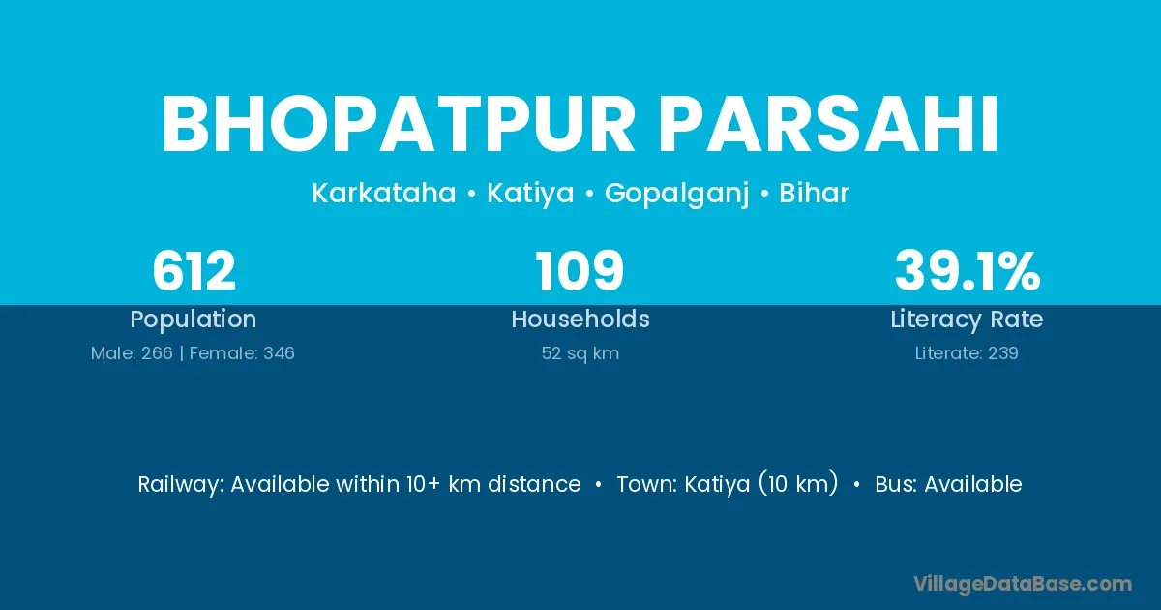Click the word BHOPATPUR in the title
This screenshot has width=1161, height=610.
pos(399,125)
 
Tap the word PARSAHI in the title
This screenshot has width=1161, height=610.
pos(828,125)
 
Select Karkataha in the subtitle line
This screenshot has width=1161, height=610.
pos(384,193)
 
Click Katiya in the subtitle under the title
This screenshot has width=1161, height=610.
pos(530,194)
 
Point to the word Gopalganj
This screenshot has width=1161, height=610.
pos(677,194)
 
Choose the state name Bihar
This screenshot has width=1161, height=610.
pos(815,193)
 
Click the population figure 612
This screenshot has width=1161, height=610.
pos(193,271)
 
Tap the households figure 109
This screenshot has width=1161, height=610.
pos(580,271)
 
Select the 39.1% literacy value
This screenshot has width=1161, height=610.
pos(967,271)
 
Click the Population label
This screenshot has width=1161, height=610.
pos(193,320)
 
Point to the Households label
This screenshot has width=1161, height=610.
pos(580,319)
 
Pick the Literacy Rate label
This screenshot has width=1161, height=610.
pos(967,320)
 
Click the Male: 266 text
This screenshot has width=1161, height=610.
pos(132,353)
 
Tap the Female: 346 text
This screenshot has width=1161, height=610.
pos(242,353)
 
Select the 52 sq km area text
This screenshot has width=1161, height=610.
pos(580,353)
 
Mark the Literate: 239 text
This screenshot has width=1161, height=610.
pos(967,353)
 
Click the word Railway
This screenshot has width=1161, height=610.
pos(180,485)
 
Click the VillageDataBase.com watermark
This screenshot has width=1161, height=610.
pos(1023,584)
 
